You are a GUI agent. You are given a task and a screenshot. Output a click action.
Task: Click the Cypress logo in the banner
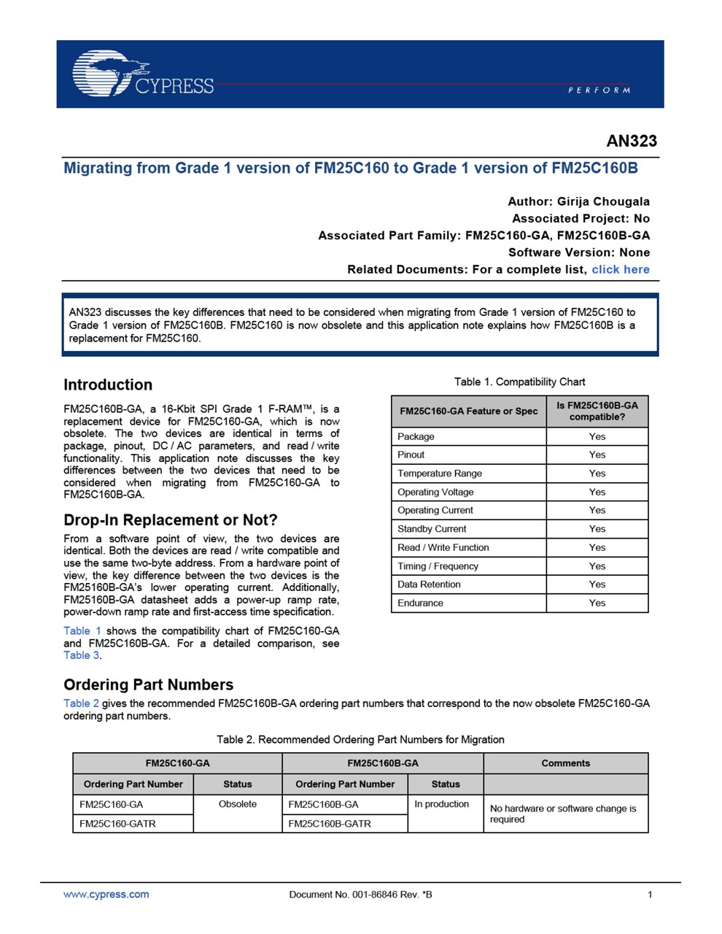coord(143,74)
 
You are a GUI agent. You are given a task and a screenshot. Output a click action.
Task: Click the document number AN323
coord(632,141)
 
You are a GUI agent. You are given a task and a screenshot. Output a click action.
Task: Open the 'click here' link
coord(620,269)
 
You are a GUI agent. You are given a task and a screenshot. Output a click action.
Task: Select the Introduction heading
coord(108,385)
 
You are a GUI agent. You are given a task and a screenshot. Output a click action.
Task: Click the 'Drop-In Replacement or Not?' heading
coord(171,520)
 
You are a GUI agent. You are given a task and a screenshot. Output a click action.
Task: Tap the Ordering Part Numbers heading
coord(148,684)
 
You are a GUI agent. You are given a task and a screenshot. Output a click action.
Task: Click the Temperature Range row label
coord(440,474)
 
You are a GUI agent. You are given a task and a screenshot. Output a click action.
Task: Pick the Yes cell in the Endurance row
coord(597,603)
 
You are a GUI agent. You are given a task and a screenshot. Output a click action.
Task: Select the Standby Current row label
coord(432,529)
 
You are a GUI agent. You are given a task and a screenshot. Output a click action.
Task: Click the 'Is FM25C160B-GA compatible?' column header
coord(597,411)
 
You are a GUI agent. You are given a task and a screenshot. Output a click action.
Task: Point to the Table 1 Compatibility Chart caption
coord(519,382)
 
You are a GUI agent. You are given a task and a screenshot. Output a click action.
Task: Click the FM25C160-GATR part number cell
coord(117,824)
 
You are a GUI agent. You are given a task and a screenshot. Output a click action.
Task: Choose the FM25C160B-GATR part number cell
coord(330,824)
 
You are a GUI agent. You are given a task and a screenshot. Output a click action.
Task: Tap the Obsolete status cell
coord(238,804)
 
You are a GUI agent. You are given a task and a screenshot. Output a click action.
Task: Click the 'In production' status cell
coord(442,804)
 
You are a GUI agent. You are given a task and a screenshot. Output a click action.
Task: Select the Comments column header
coord(565,763)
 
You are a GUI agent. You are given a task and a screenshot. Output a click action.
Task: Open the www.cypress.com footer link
coord(106,895)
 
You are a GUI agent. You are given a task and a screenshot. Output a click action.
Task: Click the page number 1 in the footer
coord(650,895)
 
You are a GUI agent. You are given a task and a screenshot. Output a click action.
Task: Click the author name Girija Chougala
coord(603,201)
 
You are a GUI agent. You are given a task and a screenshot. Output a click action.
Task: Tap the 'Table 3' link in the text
coord(81,655)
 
